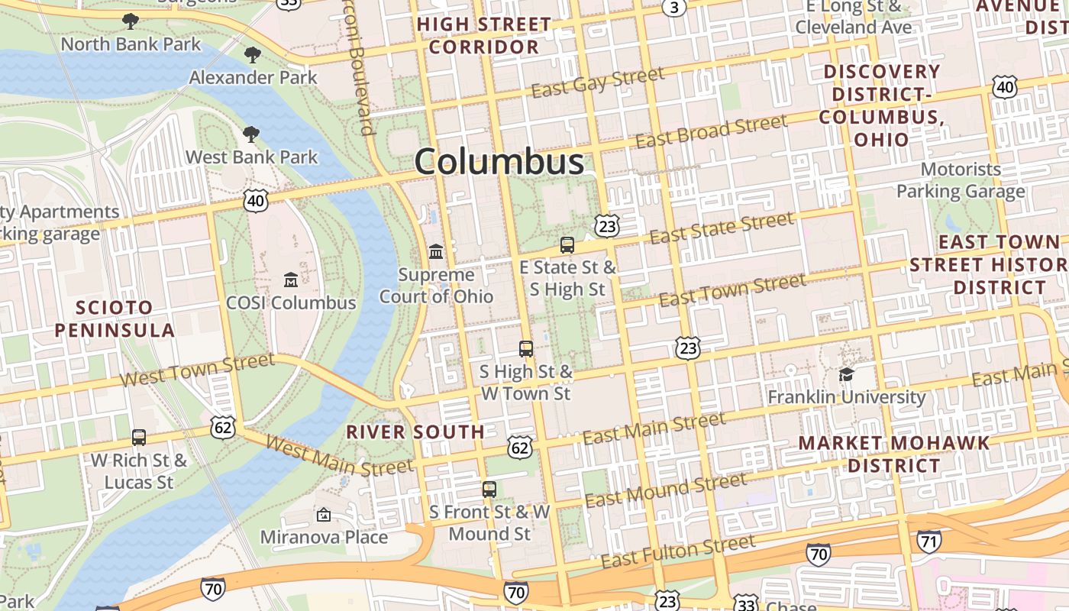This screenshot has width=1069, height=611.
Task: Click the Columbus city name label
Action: (x=499, y=162)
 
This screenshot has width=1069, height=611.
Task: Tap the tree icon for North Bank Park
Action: (x=131, y=21)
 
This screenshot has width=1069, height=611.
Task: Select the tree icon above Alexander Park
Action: (x=253, y=55)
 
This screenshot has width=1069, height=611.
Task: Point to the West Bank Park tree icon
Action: (x=250, y=135)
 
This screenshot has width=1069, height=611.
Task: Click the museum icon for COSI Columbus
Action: (x=291, y=280)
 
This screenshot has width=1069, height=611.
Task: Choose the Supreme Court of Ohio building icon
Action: (x=436, y=251)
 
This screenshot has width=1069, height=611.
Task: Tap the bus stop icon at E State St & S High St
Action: (x=567, y=245)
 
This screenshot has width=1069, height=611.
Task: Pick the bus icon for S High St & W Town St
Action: (x=526, y=349)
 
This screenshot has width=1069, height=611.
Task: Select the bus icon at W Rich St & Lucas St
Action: (x=139, y=438)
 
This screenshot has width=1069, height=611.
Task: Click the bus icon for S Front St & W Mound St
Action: (x=489, y=490)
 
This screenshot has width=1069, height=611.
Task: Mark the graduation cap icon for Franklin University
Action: (x=846, y=374)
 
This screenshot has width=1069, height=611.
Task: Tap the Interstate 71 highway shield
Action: (x=929, y=541)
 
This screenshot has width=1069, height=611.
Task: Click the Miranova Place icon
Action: (x=324, y=515)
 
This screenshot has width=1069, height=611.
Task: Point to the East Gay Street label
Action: (x=598, y=82)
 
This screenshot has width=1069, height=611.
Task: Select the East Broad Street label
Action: (x=711, y=131)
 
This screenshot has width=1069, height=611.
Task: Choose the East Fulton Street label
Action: (x=678, y=551)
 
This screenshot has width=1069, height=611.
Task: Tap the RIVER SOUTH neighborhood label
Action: (x=415, y=432)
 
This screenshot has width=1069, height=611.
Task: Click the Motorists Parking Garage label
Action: (x=961, y=180)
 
